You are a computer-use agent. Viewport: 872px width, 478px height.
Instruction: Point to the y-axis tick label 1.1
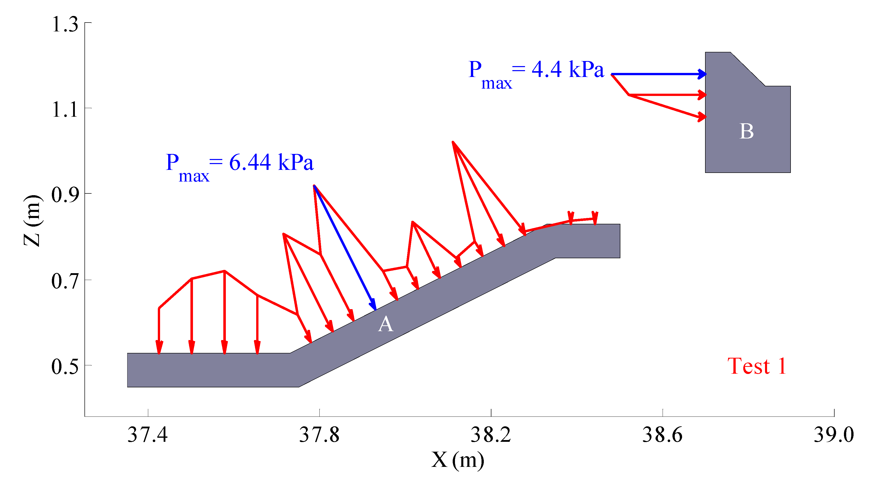[65, 110]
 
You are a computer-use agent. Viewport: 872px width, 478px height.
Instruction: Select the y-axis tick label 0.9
[65, 195]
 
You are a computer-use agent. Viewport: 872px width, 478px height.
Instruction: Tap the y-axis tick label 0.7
[65, 282]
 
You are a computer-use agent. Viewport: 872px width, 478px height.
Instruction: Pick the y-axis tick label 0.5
[65, 367]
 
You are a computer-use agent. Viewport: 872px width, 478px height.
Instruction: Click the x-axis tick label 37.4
[148, 435]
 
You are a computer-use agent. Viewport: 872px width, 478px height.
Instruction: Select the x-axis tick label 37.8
[319, 435]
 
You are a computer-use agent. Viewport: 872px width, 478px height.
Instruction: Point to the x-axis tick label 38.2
[491, 435]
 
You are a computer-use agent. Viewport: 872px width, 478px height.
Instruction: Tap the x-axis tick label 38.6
[662, 435]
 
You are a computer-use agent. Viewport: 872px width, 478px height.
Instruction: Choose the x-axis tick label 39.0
[834, 435]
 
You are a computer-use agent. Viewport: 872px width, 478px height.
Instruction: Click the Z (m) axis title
[33, 221]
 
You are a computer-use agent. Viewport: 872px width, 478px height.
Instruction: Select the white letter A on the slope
[386, 325]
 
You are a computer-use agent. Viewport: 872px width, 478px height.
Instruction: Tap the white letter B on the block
[746, 131]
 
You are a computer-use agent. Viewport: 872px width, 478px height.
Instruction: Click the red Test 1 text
[757, 367]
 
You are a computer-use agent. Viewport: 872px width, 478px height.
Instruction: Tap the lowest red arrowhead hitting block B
[702, 117]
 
